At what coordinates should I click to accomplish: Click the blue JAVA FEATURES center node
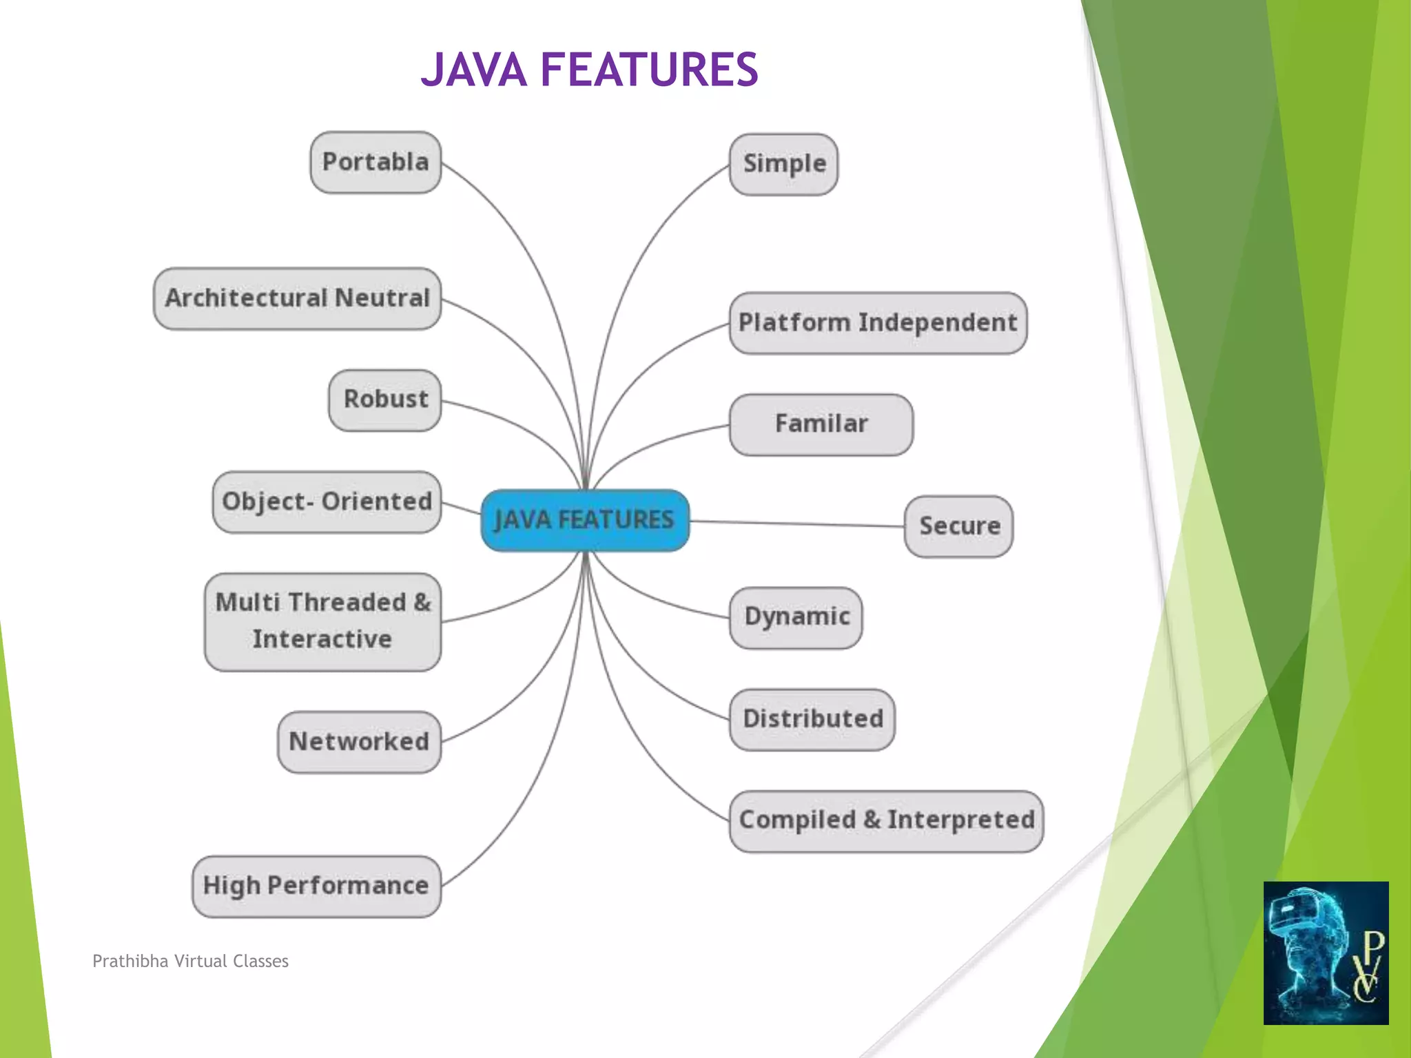585,520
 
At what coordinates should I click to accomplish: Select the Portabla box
375,163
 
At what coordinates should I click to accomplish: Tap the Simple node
784,165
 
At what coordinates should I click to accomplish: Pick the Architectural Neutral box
298,298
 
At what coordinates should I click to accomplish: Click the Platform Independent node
878,323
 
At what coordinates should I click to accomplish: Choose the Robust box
385,400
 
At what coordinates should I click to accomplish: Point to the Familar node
821,424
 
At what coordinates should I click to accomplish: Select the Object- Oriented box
327,502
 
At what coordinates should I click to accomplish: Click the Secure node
958,526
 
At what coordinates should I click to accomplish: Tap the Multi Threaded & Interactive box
322,621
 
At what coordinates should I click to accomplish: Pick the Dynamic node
796,617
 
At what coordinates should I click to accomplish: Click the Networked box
359,742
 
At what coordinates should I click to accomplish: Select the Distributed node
812,719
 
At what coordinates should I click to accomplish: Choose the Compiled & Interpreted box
886,820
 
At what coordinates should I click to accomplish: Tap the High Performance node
316,886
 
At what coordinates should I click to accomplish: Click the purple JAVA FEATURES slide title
589,70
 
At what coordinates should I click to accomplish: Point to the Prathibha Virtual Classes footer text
190,961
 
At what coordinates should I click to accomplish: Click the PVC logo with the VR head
1326,953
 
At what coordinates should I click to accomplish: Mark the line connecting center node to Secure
796,523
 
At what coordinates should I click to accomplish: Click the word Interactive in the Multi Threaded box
322,639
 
